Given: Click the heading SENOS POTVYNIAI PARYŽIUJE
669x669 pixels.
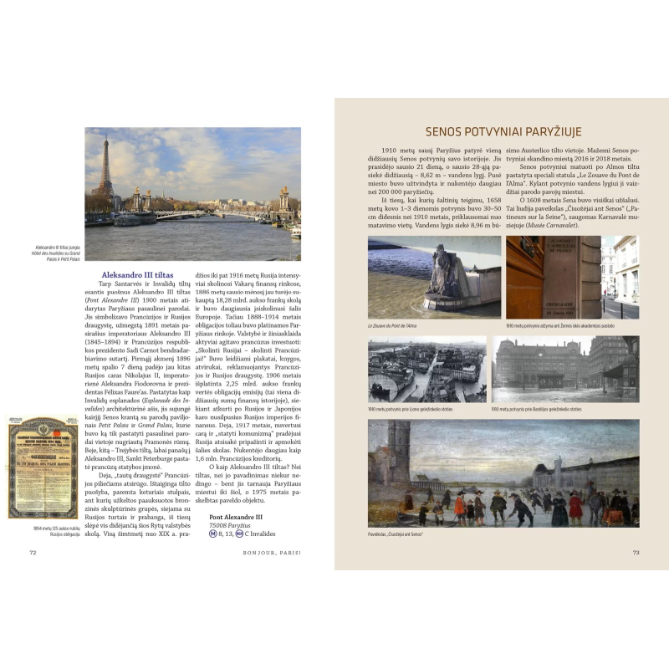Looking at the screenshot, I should pos(503,131).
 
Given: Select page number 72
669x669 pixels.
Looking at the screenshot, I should pos(33,551).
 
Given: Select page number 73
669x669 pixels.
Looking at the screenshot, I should pos(636,551).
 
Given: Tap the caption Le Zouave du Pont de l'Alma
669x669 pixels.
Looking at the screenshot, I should pos(397,324).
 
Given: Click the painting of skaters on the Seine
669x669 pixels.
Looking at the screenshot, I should pos(503,473).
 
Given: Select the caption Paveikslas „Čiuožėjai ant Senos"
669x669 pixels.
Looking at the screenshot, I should pos(396,534).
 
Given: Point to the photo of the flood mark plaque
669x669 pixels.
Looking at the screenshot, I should pos(553,276).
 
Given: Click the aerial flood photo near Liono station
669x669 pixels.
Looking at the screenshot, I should pos(426,370).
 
